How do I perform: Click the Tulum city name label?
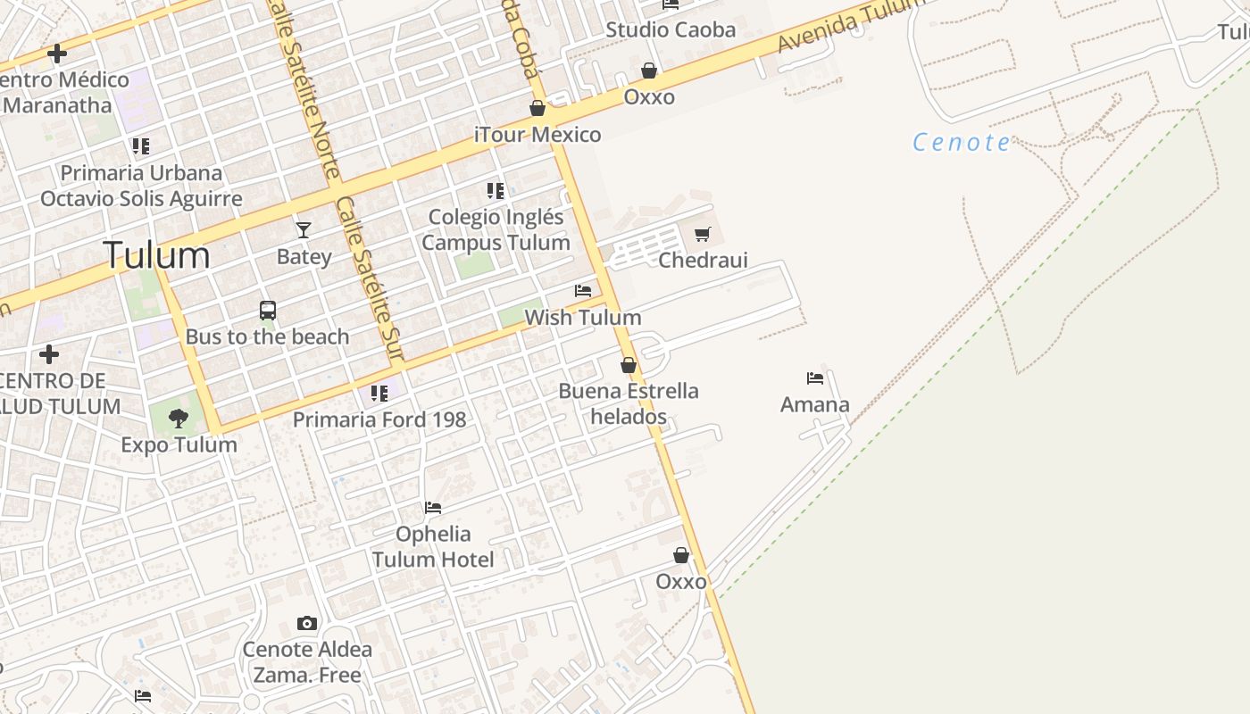(x=157, y=255)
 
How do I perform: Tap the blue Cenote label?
(x=962, y=142)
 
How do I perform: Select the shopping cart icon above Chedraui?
(x=702, y=235)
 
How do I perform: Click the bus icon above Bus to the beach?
(x=268, y=311)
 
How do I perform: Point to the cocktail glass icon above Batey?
(x=304, y=230)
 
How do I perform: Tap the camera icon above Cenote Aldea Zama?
(x=307, y=623)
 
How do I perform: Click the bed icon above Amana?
(x=814, y=378)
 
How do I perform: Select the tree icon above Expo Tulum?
(x=179, y=418)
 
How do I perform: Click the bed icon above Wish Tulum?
(x=583, y=291)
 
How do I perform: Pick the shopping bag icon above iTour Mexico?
(x=537, y=109)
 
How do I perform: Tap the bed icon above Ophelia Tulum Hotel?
(x=433, y=508)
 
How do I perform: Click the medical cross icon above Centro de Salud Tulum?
(x=49, y=354)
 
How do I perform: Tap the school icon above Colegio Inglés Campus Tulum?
(x=496, y=190)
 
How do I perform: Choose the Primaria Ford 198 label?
(x=379, y=419)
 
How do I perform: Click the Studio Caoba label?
(x=671, y=29)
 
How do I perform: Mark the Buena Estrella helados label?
(x=629, y=403)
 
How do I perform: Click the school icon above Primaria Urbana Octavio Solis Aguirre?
(x=141, y=145)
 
